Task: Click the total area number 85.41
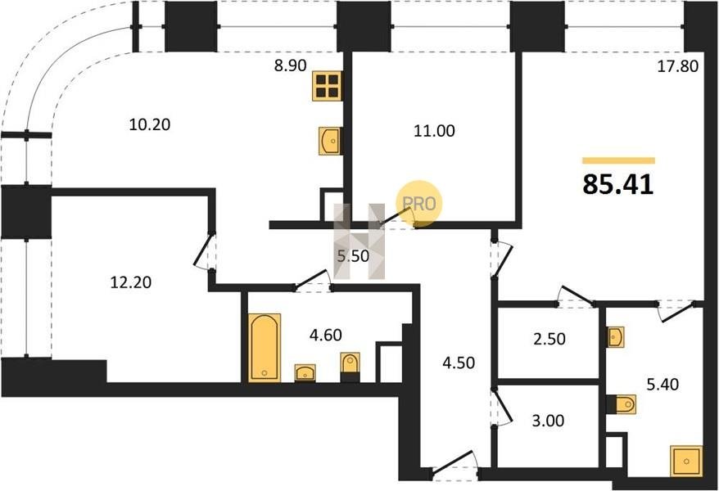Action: click(618, 185)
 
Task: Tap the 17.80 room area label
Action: click(678, 67)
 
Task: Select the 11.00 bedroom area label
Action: click(434, 131)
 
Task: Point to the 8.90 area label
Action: click(290, 65)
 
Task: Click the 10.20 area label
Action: click(150, 124)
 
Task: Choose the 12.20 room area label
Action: click(131, 282)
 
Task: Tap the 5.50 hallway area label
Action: click(353, 256)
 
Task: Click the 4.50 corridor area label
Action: click(459, 363)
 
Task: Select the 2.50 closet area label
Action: click(549, 339)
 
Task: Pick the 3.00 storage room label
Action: click(548, 420)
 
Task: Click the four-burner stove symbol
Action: click(328, 86)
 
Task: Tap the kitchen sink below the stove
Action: click(330, 141)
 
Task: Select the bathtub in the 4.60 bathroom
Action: click(265, 348)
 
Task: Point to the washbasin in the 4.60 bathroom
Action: click(305, 372)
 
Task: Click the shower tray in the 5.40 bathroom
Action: click(686, 462)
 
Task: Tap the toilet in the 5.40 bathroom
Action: click(622, 404)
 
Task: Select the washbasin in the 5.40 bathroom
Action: click(615, 337)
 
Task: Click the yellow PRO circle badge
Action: click(419, 204)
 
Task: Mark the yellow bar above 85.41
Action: click(618, 160)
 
